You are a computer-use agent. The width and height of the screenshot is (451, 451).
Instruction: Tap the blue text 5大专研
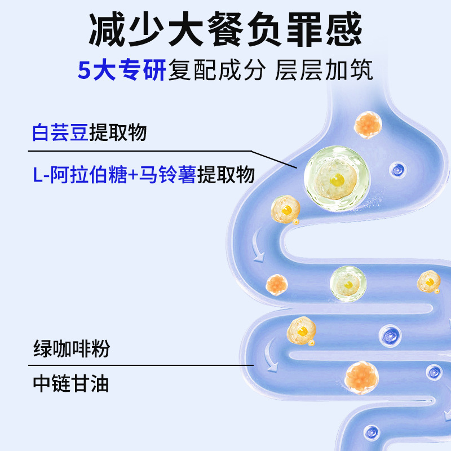click(121, 72)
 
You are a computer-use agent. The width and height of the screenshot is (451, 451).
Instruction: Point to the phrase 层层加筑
click(324, 72)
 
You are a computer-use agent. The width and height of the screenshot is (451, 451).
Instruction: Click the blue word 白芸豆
click(60, 132)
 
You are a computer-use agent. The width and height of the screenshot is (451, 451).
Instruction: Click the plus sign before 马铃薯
click(133, 175)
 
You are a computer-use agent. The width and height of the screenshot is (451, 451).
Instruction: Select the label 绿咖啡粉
click(71, 348)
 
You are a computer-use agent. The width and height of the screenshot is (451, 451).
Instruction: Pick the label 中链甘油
click(71, 384)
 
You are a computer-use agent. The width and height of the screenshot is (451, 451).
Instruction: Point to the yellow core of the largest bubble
click(337, 180)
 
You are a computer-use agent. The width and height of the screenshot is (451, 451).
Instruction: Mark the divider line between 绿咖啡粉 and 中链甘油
click(141, 365)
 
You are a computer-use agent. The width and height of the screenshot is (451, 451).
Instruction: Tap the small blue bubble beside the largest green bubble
click(398, 169)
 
